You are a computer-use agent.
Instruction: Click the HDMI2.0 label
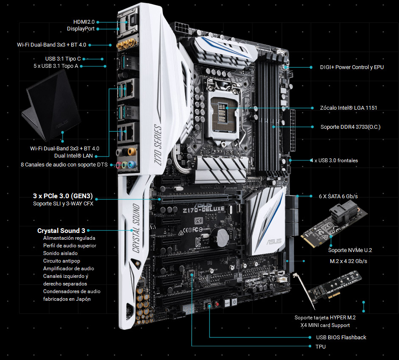tap(84, 22)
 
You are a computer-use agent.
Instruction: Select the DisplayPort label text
tap(81, 29)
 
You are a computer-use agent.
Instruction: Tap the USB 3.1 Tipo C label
tap(63, 59)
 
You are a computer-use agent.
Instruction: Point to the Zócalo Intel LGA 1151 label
tap(349, 108)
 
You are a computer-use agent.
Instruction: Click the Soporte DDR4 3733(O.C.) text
tap(350, 127)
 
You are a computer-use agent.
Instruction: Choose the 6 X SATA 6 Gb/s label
tap(338, 196)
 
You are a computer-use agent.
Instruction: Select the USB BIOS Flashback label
tap(341, 338)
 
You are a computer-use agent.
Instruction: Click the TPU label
tap(321, 346)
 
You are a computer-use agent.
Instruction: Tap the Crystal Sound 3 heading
tap(61, 230)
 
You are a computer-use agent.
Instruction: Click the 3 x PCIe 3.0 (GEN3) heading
tap(63, 196)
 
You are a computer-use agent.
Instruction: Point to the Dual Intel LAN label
tap(73, 155)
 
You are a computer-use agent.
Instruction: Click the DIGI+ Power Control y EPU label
tap(352, 67)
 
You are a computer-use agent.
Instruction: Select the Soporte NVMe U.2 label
tap(350, 250)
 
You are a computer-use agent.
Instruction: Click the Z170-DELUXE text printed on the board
tap(204, 210)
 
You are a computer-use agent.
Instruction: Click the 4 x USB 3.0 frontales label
tap(334, 161)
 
